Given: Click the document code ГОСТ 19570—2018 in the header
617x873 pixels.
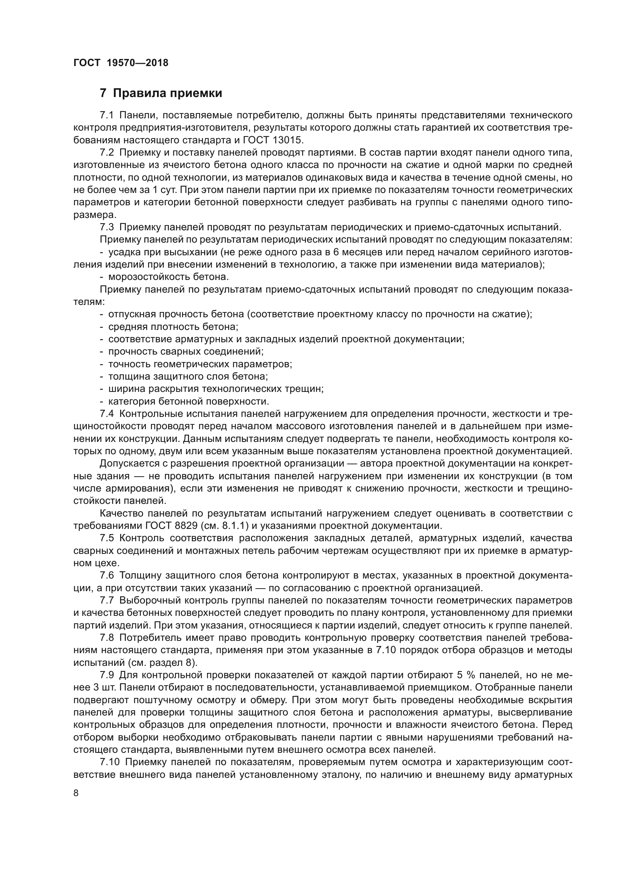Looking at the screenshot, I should pos(121,63).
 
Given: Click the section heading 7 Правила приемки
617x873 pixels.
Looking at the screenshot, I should pos(161,93).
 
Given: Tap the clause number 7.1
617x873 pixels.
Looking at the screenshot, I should pos(107,115).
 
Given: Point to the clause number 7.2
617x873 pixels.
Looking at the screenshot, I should pos(107,153).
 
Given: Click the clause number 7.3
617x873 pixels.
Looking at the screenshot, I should pos(107,227).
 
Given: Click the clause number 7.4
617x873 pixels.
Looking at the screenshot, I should pos(107,414).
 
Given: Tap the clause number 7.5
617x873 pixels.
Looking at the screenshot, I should pos(107,539).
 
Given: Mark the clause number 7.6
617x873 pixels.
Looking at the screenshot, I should pos(107,576).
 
